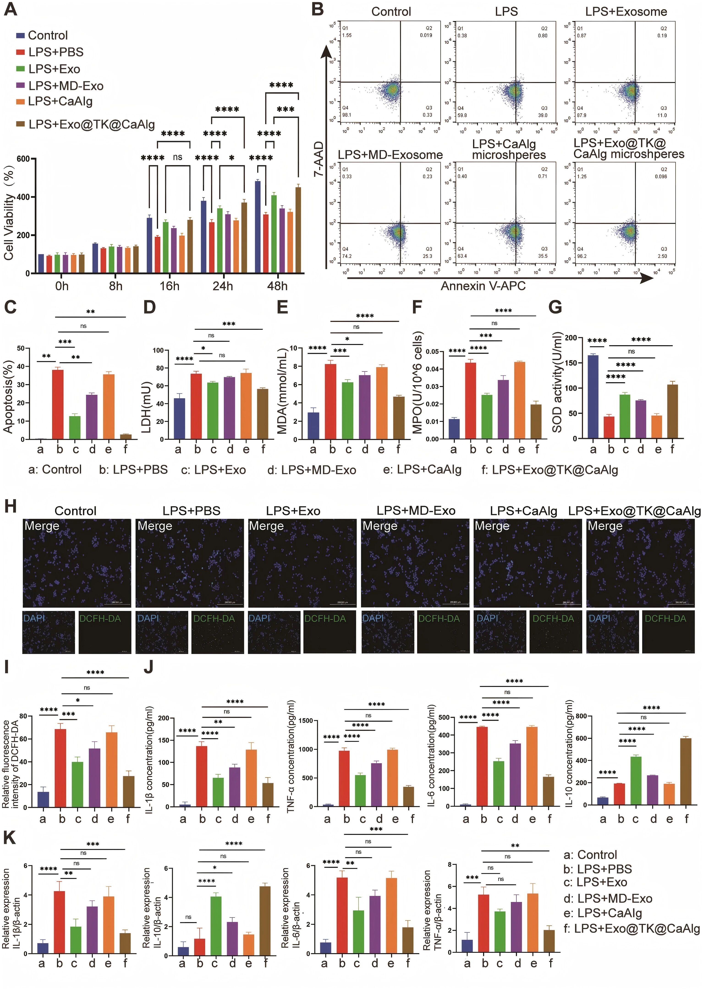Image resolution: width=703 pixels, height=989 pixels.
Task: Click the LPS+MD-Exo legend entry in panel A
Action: [x=66, y=86]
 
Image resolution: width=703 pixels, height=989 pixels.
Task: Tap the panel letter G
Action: [x=555, y=307]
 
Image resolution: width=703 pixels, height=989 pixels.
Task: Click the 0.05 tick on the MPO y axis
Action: [x=431, y=351]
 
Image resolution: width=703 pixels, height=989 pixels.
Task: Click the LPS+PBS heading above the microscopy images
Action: [x=191, y=511]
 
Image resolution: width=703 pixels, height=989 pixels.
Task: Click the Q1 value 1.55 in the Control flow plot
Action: [x=347, y=36]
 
